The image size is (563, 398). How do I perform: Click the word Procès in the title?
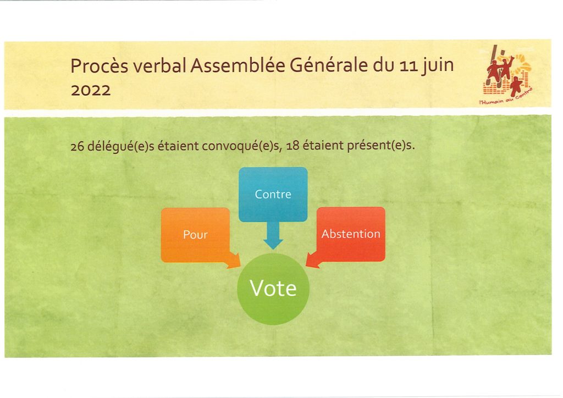click(x=99, y=66)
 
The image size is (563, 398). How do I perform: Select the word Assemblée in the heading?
click(x=238, y=65)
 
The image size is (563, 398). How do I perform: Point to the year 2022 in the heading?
click(x=91, y=90)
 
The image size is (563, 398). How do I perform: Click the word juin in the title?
click(x=437, y=66)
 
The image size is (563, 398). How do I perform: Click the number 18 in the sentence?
click(x=292, y=146)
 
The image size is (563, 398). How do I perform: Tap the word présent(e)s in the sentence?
click(x=381, y=146)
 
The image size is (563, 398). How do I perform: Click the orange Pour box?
click(x=195, y=235)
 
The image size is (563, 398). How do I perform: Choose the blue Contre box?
click(x=273, y=194)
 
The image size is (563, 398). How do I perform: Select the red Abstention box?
click(x=351, y=234)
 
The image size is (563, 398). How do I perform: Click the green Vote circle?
click(x=273, y=289)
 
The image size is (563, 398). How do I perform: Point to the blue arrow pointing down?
click(x=273, y=235)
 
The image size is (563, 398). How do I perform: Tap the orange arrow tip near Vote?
click(x=240, y=267)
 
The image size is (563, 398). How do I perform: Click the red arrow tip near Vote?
click(x=306, y=266)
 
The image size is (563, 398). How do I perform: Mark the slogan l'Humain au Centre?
click(x=506, y=97)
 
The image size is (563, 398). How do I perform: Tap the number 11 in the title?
click(x=409, y=67)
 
